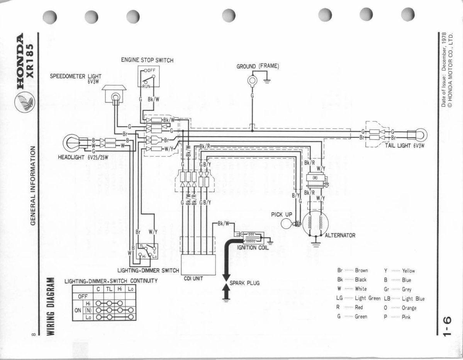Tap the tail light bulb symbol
pos(419,134)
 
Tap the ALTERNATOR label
pos(340,235)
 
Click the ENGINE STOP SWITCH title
pos(147,60)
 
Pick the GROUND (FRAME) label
pos(258,66)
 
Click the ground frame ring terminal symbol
pos(253,81)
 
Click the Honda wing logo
pos(24,104)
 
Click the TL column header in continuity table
pos(109,289)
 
